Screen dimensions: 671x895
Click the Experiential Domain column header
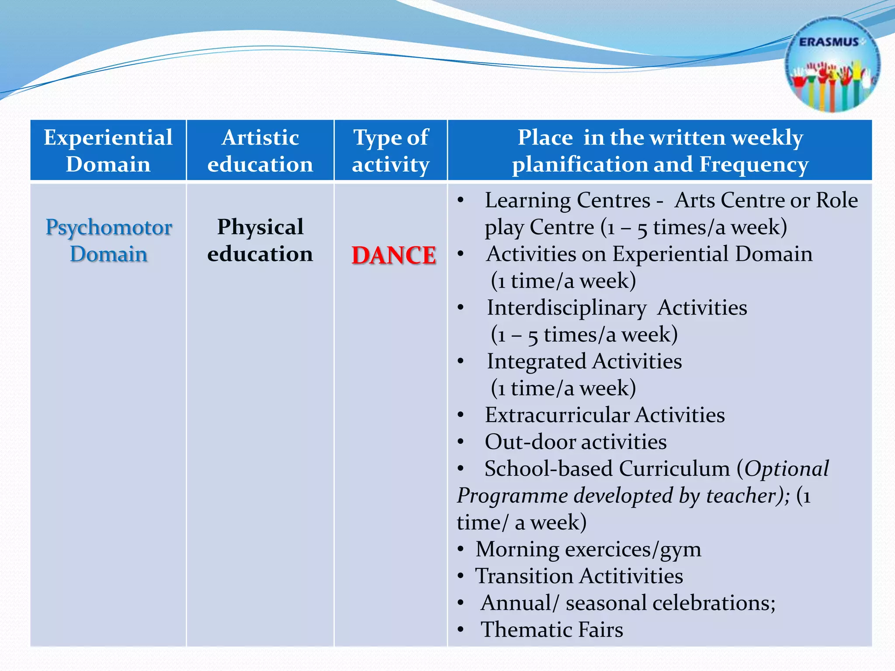(x=108, y=151)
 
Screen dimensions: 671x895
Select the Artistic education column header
(x=260, y=151)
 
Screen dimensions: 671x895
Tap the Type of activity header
(x=391, y=151)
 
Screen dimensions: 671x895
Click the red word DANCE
(x=394, y=255)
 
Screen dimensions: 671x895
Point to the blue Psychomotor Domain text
(x=108, y=240)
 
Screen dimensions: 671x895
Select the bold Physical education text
(x=260, y=240)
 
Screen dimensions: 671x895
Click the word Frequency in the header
(x=754, y=164)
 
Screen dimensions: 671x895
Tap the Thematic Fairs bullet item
(x=552, y=629)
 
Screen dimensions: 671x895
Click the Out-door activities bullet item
(x=576, y=442)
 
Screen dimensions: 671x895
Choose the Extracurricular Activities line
(x=604, y=415)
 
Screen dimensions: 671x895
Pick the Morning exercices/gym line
(x=588, y=549)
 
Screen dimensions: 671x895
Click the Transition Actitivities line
(x=579, y=576)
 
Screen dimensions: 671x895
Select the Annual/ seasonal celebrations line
(x=628, y=603)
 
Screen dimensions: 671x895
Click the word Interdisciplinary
(x=567, y=308)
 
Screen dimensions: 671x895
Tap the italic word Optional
(x=787, y=469)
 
